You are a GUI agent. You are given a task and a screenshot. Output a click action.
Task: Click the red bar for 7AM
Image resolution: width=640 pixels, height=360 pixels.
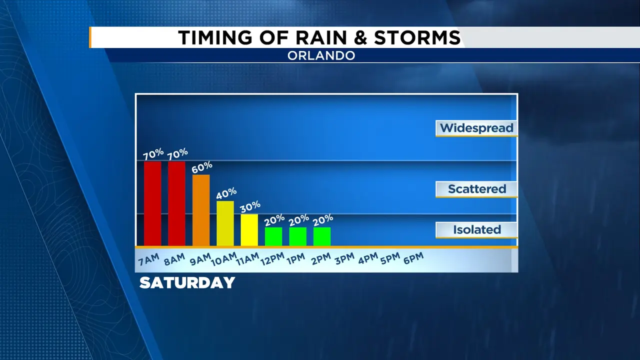tap(152, 203)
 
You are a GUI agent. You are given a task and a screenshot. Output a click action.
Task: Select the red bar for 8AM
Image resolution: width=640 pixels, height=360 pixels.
tap(176, 203)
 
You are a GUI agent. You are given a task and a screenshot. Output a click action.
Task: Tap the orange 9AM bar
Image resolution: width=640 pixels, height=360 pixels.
tap(201, 210)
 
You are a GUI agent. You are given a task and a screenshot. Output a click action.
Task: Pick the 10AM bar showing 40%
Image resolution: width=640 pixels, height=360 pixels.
tap(225, 223)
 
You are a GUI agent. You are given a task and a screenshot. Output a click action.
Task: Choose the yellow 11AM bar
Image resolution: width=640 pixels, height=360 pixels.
tap(249, 230)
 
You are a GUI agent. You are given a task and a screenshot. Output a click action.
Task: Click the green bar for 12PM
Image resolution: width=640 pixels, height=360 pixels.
tap(273, 236)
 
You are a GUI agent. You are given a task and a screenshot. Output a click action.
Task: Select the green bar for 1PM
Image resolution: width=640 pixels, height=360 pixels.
tap(297, 236)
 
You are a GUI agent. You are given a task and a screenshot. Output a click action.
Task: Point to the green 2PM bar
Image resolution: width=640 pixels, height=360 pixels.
tap(322, 236)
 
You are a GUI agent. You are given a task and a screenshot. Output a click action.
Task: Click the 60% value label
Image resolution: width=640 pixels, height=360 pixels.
tap(202, 167)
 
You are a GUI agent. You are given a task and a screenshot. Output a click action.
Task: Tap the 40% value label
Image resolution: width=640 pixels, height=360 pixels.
tap(226, 193)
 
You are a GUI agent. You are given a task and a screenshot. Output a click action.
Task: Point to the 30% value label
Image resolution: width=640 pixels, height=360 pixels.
tap(250, 207)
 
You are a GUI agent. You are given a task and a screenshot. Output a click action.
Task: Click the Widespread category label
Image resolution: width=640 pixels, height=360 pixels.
tap(476, 128)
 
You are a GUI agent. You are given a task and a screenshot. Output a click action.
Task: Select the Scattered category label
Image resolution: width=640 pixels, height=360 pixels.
tap(477, 189)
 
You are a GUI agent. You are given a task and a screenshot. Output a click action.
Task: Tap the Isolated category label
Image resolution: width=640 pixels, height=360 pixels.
tap(477, 229)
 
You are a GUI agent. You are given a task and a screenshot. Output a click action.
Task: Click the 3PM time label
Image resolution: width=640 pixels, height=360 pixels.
tap(344, 258)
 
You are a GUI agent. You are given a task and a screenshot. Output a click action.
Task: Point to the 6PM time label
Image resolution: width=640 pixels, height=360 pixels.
tap(413, 258)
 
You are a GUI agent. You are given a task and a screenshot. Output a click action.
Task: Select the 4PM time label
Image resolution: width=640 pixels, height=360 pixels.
tap(368, 258)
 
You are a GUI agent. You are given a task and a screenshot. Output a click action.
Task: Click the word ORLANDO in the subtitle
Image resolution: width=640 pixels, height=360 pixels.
tap(321, 55)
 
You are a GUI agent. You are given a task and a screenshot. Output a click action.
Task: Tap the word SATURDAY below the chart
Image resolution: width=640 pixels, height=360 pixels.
tap(187, 283)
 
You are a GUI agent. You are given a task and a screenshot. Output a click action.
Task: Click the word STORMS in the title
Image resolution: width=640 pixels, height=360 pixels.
tap(417, 37)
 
